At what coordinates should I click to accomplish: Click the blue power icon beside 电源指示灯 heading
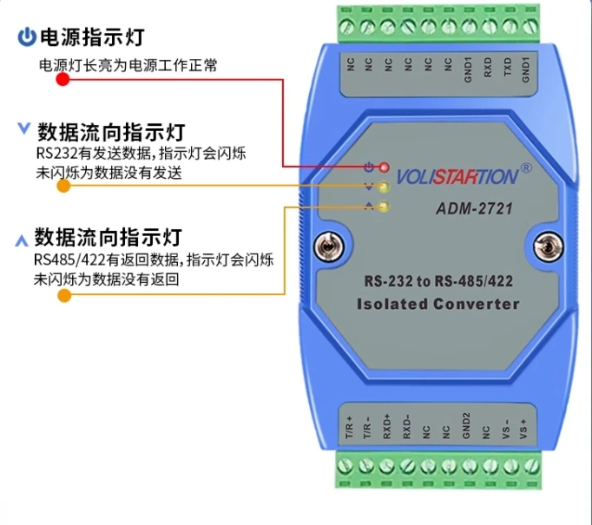click(27, 37)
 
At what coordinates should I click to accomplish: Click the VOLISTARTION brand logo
click(457, 177)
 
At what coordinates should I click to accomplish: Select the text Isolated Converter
click(437, 304)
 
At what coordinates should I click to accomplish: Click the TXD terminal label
click(507, 69)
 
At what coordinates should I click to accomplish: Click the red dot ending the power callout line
click(62, 80)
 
